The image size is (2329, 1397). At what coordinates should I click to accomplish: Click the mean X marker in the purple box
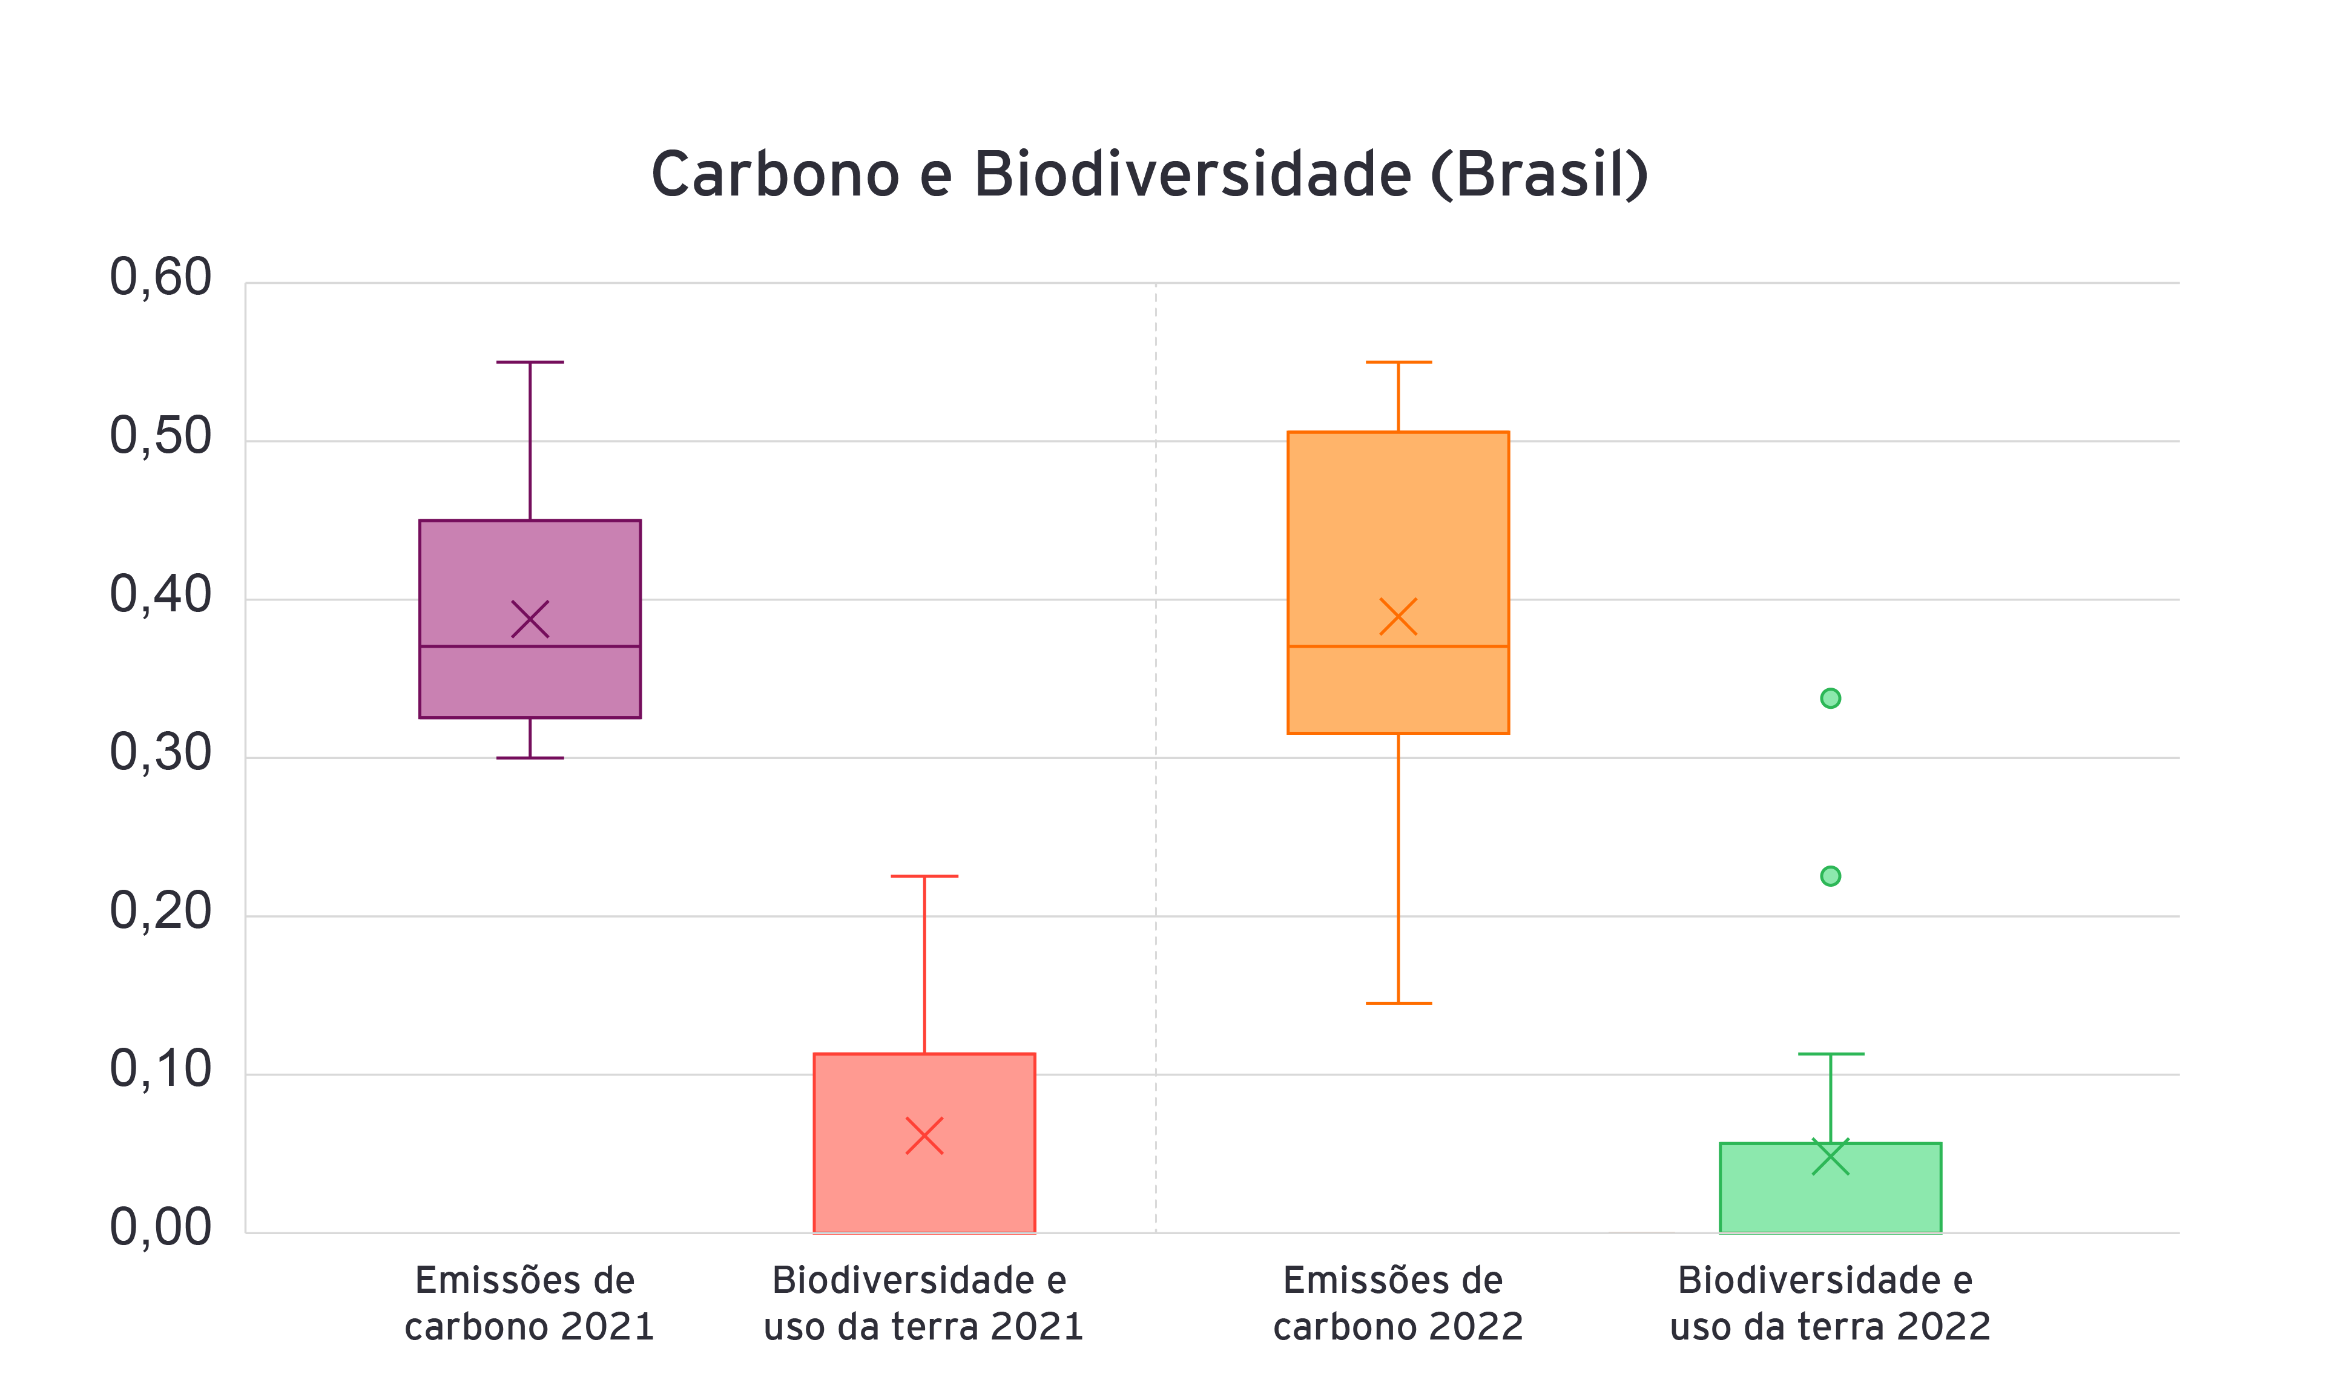[530, 619]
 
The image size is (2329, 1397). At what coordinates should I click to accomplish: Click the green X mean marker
[1830, 1157]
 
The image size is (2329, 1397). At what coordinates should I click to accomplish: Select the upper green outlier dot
[1830, 698]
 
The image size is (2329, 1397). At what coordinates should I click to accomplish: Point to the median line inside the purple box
[530, 646]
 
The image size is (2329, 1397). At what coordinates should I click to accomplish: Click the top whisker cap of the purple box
[530, 361]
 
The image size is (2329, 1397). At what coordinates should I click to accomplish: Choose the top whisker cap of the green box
[1830, 1053]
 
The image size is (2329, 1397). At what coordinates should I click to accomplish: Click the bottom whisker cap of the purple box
[530, 758]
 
